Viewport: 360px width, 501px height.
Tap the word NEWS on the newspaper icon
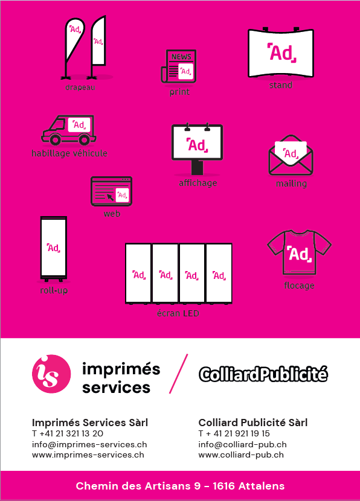pyautogui.click(x=181, y=57)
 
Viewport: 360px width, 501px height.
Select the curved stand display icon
pyautogui.click(x=281, y=53)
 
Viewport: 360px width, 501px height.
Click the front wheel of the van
pyautogui.click(x=55, y=139)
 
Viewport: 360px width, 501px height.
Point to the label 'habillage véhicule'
pyautogui.click(x=69, y=153)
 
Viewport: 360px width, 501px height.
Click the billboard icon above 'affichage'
pyautogui.click(x=197, y=149)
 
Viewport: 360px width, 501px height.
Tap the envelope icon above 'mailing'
pyautogui.click(x=291, y=155)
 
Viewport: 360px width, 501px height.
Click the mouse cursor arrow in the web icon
pyautogui.click(x=110, y=197)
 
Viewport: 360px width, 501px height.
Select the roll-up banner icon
pyautogui.click(x=54, y=249)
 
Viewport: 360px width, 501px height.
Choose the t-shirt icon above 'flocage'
pyautogui.click(x=299, y=252)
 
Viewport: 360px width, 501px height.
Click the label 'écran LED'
pyautogui.click(x=178, y=313)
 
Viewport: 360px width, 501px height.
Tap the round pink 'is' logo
pyautogui.click(x=51, y=374)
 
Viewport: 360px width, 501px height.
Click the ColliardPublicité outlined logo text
pyautogui.click(x=263, y=374)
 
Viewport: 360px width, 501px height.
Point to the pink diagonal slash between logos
pyautogui.click(x=178, y=374)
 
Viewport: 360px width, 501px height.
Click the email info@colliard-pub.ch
pyautogui.click(x=242, y=444)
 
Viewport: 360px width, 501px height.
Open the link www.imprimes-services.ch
pyautogui.click(x=88, y=455)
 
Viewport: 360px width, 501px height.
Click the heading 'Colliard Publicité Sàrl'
pyautogui.click(x=253, y=423)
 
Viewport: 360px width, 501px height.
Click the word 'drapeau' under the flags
pyautogui.click(x=80, y=88)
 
